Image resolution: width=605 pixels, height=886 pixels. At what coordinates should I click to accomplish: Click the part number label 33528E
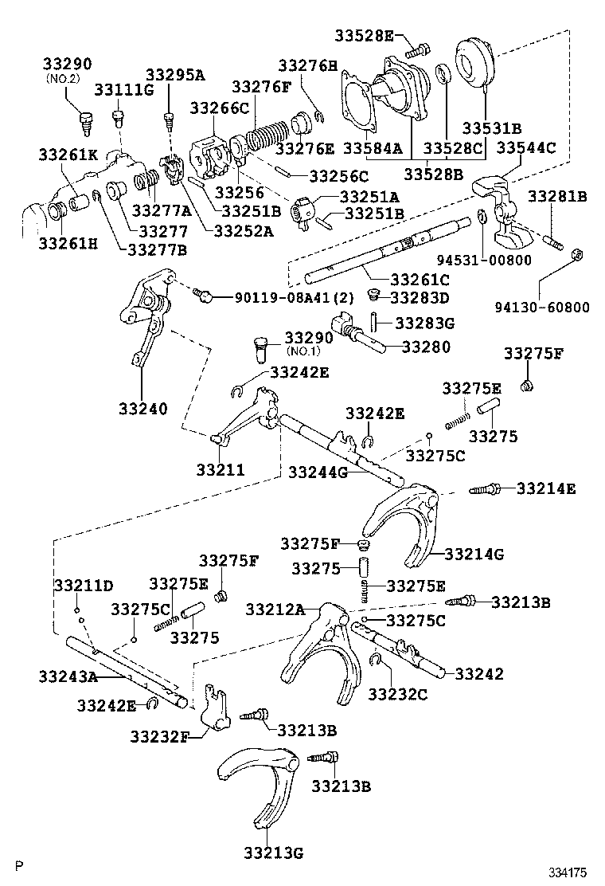[x=364, y=34]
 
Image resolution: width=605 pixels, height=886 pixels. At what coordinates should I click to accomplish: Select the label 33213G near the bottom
[x=272, y=854]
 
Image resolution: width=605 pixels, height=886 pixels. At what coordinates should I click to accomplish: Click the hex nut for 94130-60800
[x=579, y=254]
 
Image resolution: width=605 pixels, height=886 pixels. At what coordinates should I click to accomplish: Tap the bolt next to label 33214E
[x=484, y=489]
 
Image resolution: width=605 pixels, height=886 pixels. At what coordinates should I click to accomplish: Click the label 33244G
[x=318, y=472]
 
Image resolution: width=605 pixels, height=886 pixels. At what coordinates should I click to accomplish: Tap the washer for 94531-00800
[x=482, y=218]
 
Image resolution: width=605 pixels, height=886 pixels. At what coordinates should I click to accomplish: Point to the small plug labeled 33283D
[x=372, y=296]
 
